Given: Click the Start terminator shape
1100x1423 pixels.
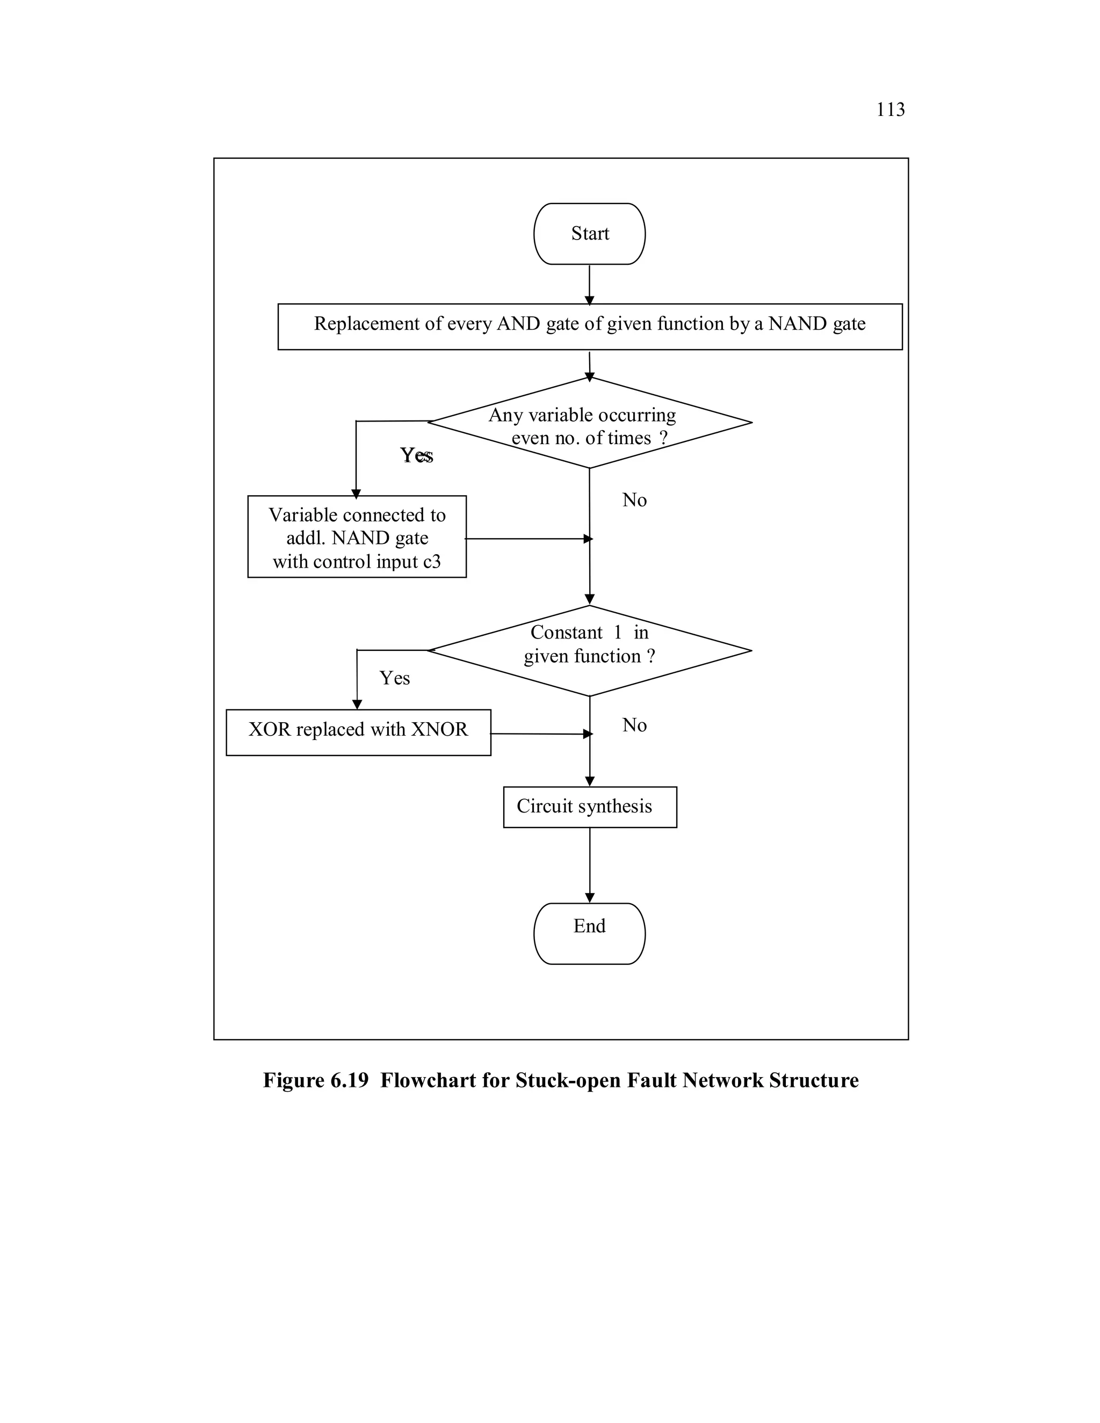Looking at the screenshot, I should click(x=589, y=234).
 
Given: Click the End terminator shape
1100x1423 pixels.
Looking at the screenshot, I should click(x=589, y=933).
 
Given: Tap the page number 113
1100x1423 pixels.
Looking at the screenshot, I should click(x=890, y=110).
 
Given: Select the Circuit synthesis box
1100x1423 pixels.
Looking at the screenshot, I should click(x=589, y=807).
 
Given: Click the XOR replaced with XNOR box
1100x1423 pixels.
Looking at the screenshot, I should click(x=358, y=732).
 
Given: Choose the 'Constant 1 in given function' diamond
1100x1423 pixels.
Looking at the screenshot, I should click(x=589, y=650).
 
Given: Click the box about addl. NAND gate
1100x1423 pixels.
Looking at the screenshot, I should click(x=357, y=537).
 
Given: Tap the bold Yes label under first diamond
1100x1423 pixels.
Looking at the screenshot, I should click(x=416, y=455).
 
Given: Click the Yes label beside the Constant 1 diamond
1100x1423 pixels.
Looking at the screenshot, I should click(x=394, y=678).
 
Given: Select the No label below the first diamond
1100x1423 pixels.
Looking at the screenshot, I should click(x=634, y=500).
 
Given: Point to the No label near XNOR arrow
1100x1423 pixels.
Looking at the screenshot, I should click(x=634, y=725).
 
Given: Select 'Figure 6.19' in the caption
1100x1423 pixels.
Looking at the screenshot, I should click(x=315, y=1080).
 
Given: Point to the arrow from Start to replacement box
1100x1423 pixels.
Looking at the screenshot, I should click(x=589, y=284).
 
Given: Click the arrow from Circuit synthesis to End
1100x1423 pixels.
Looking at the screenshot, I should click(x=589, y=865).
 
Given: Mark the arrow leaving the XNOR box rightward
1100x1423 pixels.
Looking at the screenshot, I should click(x=541, y=734).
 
